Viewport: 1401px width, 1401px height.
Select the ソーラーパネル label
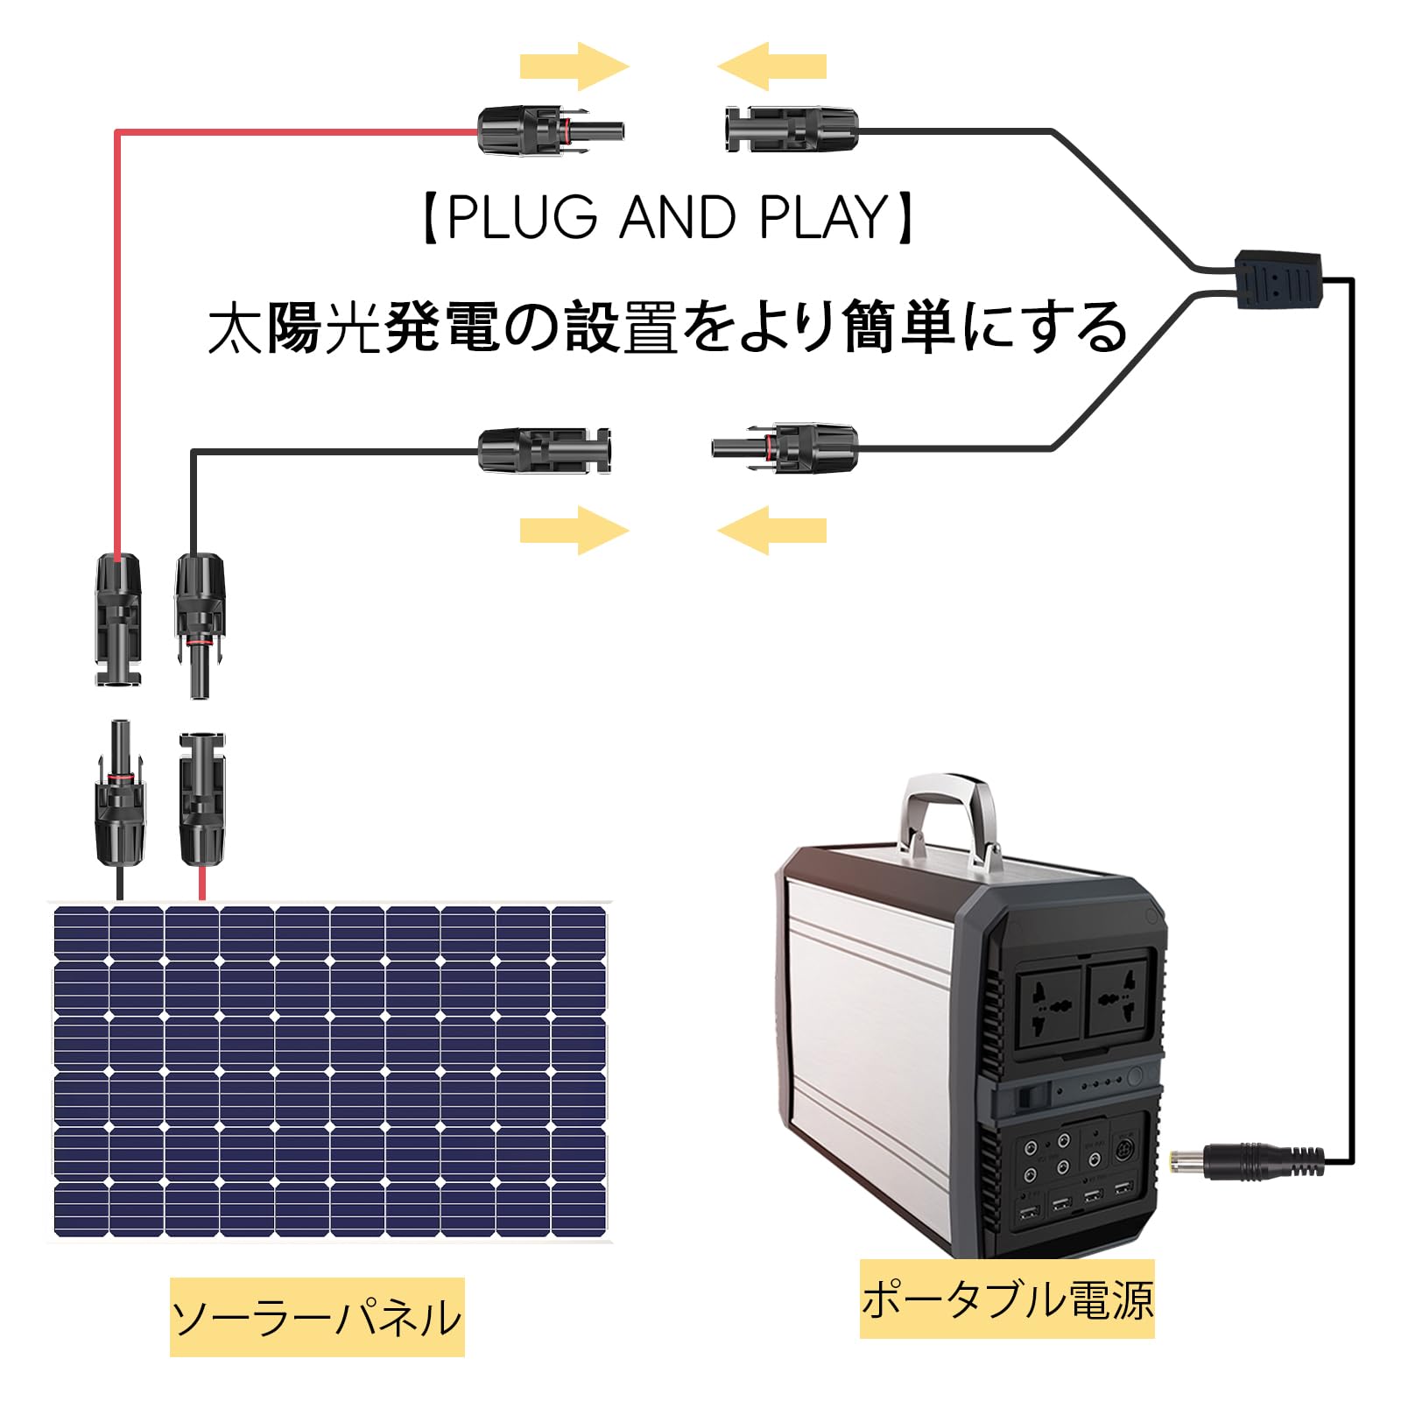pos(317,1317)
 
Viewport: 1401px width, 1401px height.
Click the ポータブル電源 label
pos(1007,1299)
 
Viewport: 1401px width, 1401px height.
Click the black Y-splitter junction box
pos(1278,279)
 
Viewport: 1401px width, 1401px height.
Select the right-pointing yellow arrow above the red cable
pos(574,67)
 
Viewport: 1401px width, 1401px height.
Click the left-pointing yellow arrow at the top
pos(771,67)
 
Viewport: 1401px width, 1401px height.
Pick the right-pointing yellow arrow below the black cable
pos(574,531)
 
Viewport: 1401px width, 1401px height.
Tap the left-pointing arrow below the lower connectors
pos(771,531)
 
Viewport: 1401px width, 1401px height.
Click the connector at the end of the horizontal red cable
pos(551,131)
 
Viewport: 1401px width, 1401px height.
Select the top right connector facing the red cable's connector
pos(792,130)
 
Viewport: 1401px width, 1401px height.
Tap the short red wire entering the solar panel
pos(202,884)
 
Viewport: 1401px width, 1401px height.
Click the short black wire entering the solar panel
pos(120,884)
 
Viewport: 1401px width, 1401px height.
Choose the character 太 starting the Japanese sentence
pos(236,327)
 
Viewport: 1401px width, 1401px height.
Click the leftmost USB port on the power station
pos(1028,1214)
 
